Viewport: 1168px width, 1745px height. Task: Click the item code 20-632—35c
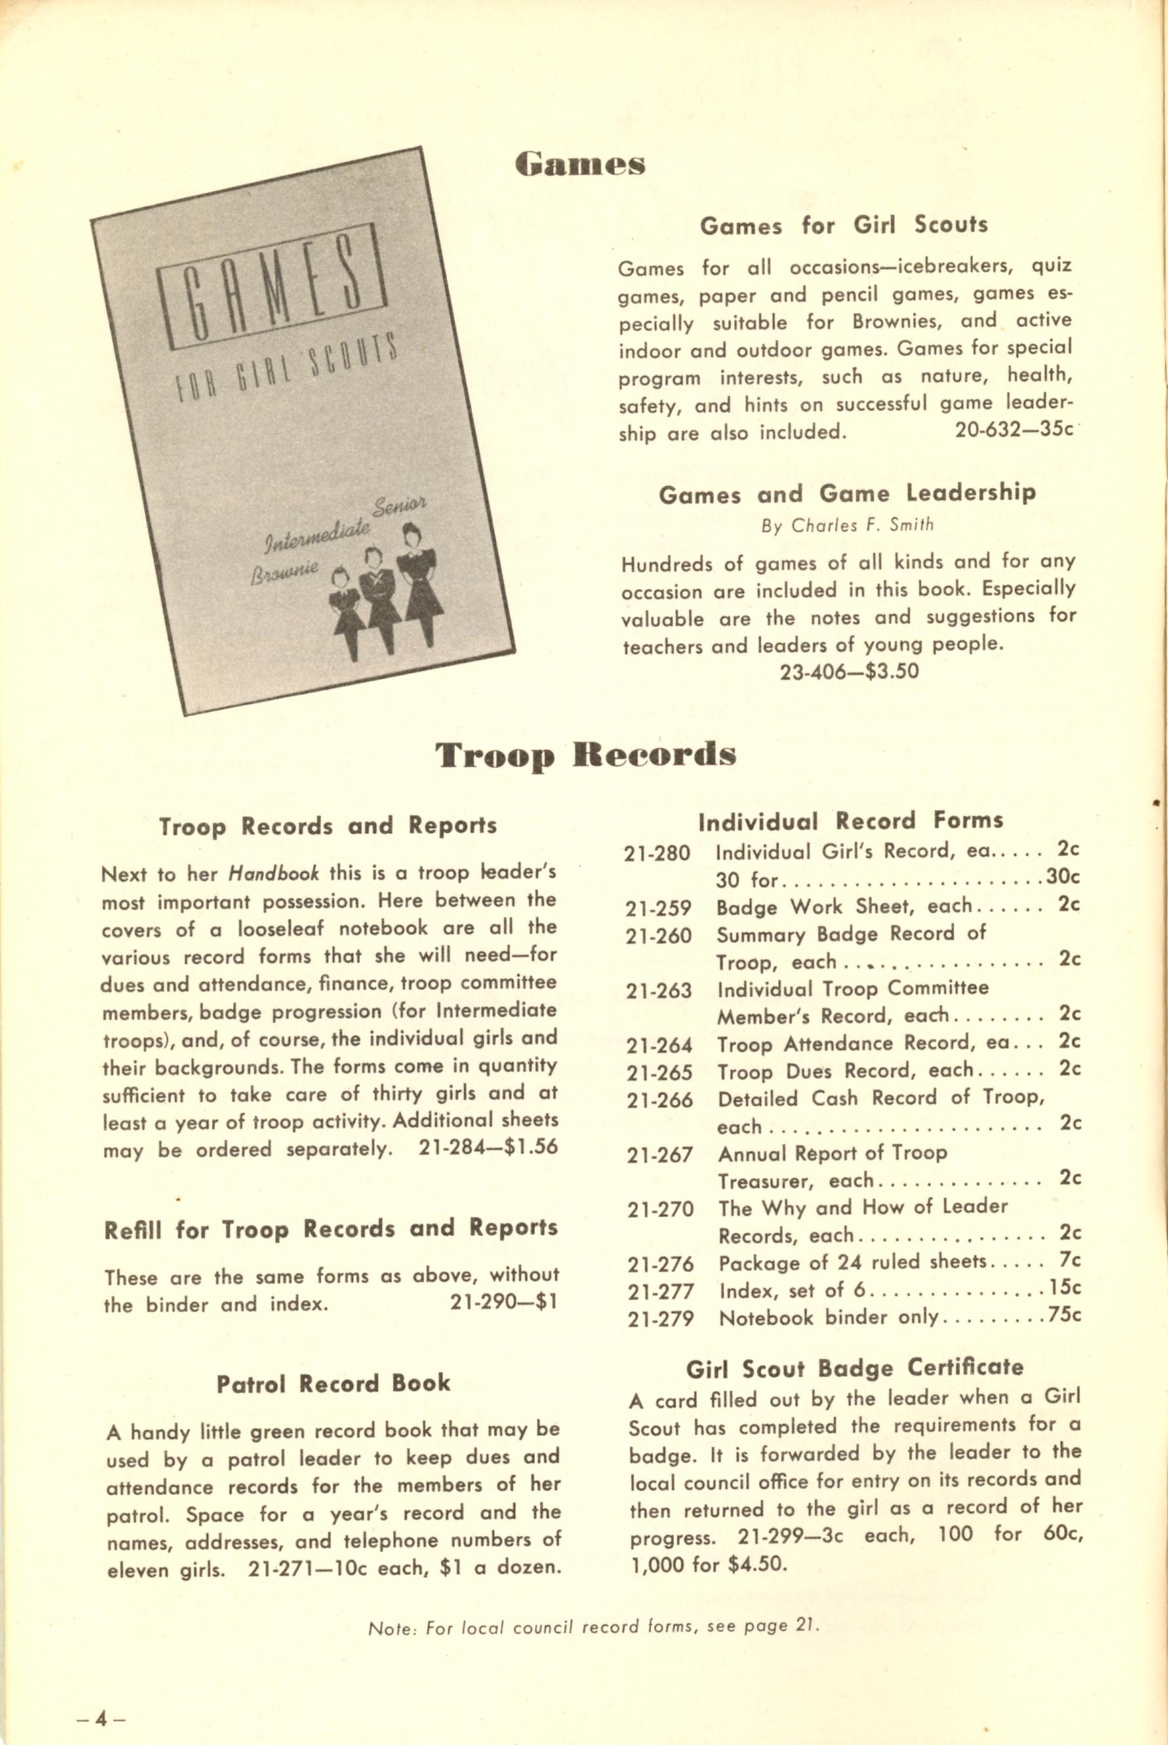click(x=1013, y=430)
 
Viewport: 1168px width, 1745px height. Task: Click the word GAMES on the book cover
click(x=273, y=287)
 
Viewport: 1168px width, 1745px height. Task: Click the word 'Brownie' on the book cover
click(x=284, y=571)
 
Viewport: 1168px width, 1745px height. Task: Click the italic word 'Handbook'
click(x=273, y=873)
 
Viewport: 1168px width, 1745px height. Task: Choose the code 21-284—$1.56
click(x=488, y=1148)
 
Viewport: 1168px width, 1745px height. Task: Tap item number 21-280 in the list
click(x=658, y=852)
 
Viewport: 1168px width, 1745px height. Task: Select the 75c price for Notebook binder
click(x=1064, y=1315)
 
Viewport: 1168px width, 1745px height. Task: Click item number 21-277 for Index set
click(x=660, y=1291)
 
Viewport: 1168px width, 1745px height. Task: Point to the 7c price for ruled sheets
click(x=1070, y=1260)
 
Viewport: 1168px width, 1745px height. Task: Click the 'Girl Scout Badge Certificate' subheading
click(x=855, y=1367)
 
